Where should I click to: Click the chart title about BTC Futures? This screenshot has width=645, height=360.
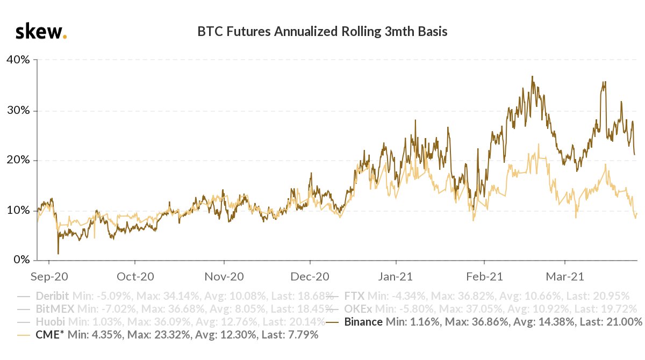point(322,32)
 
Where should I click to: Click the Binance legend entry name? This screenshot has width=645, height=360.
point(364,322)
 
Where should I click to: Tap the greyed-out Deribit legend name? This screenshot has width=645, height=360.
point(52,295)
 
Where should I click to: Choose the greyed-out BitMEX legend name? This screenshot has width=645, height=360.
point(55,308)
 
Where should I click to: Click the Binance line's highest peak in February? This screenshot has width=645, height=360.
point(532,76)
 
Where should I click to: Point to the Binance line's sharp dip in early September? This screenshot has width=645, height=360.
point(58,254)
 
